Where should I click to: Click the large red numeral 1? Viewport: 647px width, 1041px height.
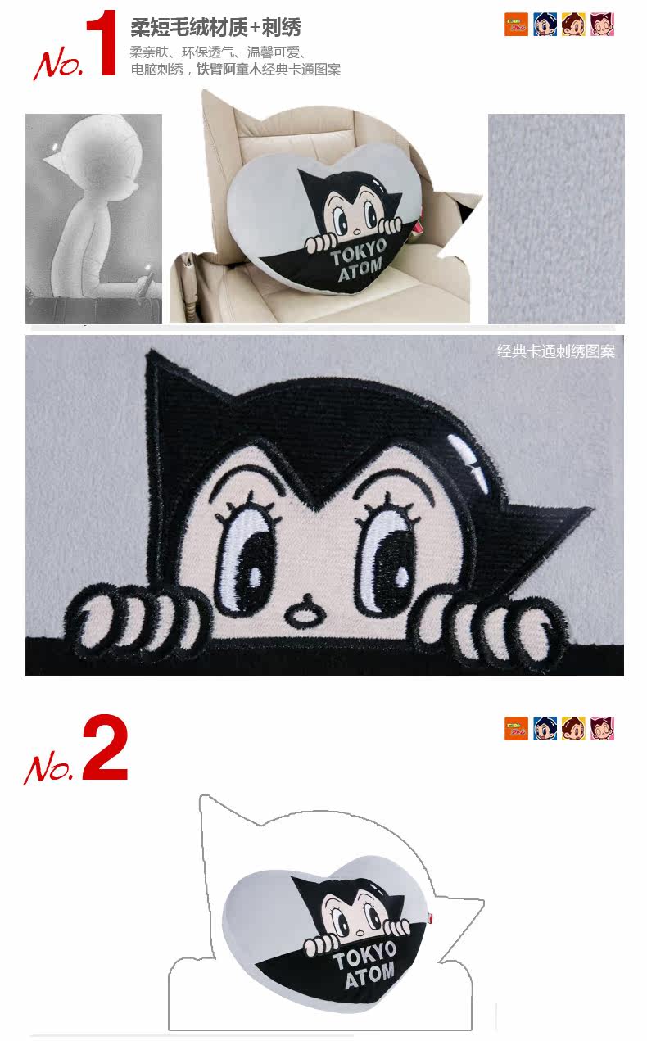[x=102, y=43]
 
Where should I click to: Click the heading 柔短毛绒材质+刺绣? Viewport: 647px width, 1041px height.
[x=215, y=27]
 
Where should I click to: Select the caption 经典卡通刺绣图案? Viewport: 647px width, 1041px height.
[x=556, y=351]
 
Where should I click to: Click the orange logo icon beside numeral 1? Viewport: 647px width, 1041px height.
[x=516, y=25]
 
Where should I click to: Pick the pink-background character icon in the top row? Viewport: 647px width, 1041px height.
[x=603, y=25]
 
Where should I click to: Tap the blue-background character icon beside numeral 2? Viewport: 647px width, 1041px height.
[x=545, y=728]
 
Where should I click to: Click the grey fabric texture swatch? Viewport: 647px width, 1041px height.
[x=556, y=219]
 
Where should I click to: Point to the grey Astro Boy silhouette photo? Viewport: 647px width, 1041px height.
[x=94, y=219]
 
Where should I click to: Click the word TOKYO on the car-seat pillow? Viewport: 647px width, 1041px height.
[x=359, y=252]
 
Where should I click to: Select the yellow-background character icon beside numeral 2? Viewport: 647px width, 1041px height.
[x=573, y=728]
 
